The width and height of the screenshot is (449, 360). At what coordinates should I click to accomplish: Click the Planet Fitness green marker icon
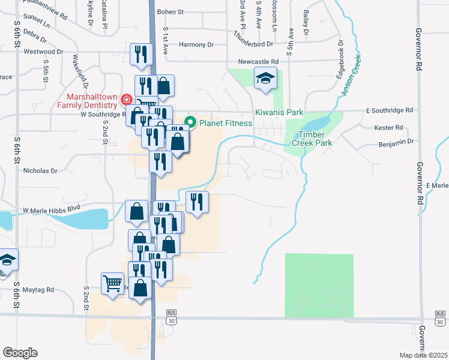pos(190,122)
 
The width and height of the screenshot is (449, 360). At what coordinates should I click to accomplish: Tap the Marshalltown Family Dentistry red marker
pos(126,100)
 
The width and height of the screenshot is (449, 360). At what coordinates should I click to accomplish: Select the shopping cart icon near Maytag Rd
pos(113,283)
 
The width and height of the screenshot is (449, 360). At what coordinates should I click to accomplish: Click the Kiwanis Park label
pos(279,113)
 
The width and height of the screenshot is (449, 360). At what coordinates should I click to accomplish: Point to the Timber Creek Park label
pos(312,139)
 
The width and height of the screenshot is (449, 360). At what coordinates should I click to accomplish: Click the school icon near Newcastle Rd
pos(264,79)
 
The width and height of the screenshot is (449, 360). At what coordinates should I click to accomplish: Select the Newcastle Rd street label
pos(258,61)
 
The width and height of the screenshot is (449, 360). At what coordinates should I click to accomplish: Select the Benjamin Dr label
pos(397,143)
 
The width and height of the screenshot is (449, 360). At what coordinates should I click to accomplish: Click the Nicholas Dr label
pos(40,170)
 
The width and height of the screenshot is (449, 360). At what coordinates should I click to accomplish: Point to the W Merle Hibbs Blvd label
pos(51,210)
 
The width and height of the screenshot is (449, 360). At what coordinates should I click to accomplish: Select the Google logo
pos(20,353)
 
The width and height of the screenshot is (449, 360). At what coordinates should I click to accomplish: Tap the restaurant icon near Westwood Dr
pos(139,55)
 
